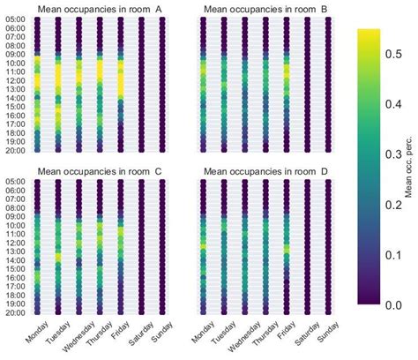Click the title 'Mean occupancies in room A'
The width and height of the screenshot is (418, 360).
point(100,10)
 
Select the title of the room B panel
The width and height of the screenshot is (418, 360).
point(265,10)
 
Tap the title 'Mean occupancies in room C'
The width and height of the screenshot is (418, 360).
point(100,171)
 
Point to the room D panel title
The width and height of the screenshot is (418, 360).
point(265,171)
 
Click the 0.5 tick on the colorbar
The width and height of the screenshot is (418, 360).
point(397,53)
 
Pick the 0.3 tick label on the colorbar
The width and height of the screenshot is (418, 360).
point(397,154)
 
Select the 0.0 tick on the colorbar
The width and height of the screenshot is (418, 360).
point(397,304)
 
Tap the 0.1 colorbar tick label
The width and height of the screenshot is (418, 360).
point(397,254)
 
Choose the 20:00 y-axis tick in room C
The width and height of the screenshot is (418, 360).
point(15,311)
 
